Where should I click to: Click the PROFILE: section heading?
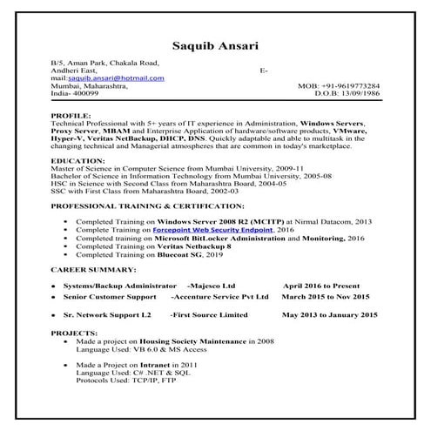(x=71, y=114)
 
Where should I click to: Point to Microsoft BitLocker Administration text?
(x=218, y=238)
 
